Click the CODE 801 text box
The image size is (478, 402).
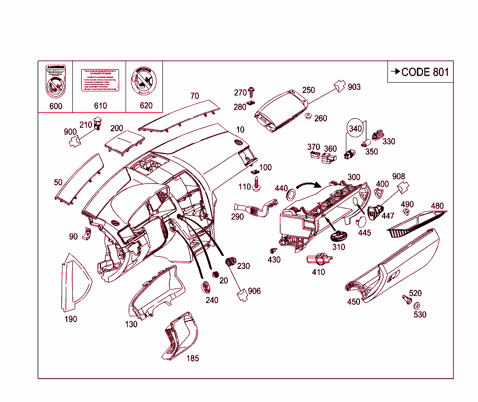[420, 72]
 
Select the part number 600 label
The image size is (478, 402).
[56, 106]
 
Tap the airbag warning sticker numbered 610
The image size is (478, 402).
[100, 81]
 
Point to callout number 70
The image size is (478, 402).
[194, 96]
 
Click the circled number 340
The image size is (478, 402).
[355, 128]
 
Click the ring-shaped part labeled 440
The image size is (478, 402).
[291, 193]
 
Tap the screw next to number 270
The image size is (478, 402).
[252, 90]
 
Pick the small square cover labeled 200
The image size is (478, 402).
[125, 141]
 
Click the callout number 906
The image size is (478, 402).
[254, 291]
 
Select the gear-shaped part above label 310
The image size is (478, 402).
[339, 235]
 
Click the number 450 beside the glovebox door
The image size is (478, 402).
[353, 302]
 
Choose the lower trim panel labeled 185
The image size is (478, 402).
[180, 335]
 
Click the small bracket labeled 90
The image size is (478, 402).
[87, 234]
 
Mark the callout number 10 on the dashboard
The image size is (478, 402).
[240, 129]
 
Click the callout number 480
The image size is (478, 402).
[437, 206]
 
